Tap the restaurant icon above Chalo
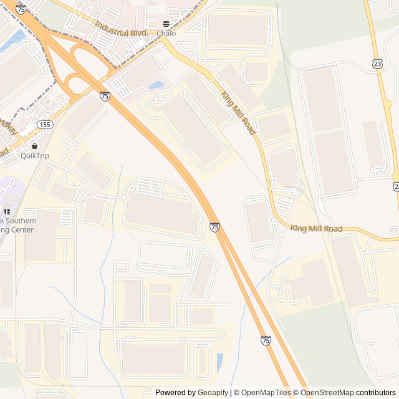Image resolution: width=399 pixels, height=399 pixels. click(165, 24)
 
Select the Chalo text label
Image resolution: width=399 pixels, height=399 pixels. click(166, 33)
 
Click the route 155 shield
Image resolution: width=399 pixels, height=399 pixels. click(45, 125)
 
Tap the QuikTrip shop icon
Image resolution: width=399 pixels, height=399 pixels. click(34, 146)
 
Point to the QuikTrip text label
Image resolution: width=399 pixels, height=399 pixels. click(34, 155)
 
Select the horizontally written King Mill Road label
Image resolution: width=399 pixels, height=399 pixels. click(316, 229)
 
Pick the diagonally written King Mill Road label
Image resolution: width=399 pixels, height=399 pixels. click(238, 113)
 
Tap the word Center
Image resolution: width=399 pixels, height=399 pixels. click(21, 230)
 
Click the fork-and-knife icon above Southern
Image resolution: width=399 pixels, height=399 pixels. click(7, 212)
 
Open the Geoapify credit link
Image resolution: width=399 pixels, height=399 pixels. click(213, 393)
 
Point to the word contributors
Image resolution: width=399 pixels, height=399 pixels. click(376, 393)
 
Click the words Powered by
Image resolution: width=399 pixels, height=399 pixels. click(175, 393)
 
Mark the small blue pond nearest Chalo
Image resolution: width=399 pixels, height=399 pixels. click(156, 85)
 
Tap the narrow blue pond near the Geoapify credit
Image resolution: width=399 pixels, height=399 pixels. click(219, 362)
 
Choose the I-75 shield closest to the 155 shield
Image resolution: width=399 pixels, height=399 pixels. click(105, 96)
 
